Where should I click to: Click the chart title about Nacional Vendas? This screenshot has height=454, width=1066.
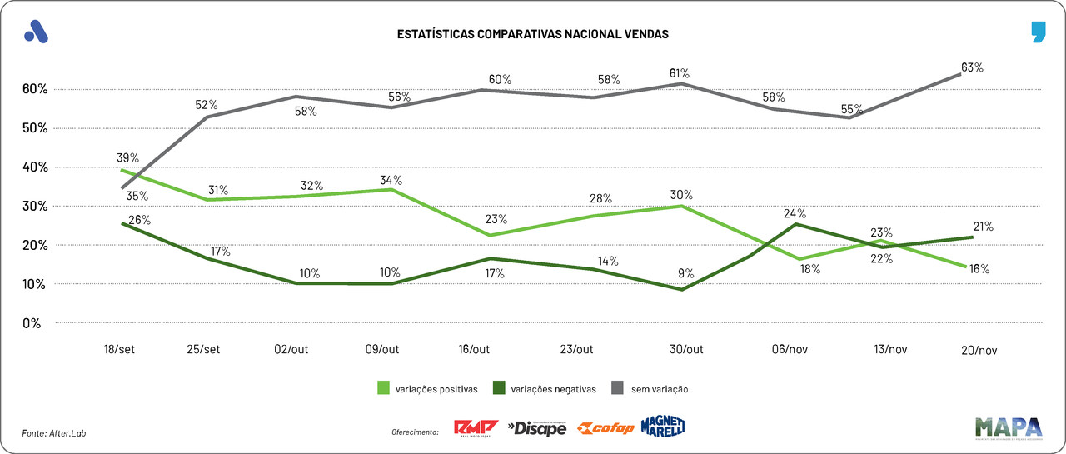[x=532, y=35]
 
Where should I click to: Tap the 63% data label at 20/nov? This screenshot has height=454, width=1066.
[x=972, y=67]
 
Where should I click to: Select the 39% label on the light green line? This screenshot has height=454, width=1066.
[x=127, y=158]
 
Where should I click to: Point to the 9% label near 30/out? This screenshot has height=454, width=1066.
[x=685, y=272]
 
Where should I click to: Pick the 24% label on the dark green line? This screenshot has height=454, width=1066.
[x=795, y=213]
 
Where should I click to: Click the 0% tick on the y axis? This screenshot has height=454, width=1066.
[x=32, y=323]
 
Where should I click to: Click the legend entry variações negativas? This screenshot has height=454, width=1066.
[x=545, y=388]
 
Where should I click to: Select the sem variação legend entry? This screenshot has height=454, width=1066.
[x=651, y=388]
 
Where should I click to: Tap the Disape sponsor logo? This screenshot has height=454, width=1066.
[x=537, y=428]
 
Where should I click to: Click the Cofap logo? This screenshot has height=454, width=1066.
[x=605, y=428]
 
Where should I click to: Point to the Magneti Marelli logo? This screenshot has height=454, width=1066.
[x=663, y=427]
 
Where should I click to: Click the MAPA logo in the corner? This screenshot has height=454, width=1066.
[x=1008, y=427]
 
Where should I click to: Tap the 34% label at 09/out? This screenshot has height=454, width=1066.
[x=391, y=180]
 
